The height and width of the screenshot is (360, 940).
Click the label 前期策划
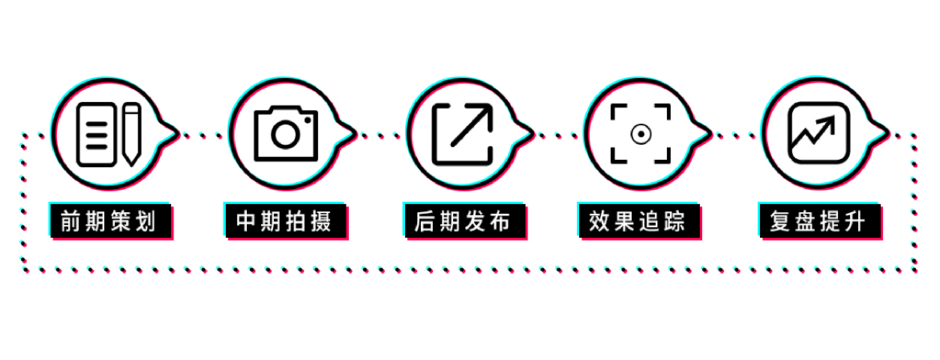point(109,221)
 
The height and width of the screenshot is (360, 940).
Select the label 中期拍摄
point(284,221)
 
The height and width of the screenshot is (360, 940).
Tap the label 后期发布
point(462,221)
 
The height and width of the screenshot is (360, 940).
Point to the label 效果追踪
point(637,221)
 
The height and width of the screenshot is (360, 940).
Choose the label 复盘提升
point(818,221)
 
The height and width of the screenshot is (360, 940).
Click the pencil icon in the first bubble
point(132,134)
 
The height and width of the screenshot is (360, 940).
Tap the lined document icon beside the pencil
point(97,134)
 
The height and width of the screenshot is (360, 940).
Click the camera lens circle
point(286,135)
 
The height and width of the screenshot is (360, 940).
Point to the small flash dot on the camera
point(308,121)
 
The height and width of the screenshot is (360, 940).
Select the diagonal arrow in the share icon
point(472,124)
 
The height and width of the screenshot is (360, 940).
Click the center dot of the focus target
point(641,135)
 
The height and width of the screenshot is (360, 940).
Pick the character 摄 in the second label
point(321,221)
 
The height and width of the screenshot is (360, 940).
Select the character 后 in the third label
point(425,221)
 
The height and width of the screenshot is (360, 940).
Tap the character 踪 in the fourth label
point(674,221)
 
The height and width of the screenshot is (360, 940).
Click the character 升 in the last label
point(854,221)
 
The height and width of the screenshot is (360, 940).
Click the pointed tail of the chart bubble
point(887,133)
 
